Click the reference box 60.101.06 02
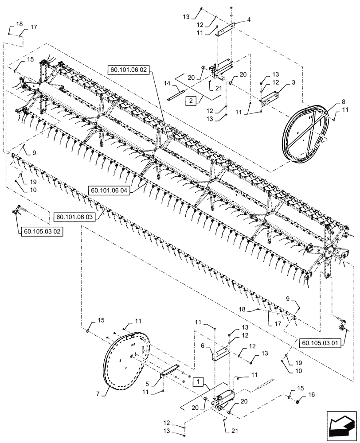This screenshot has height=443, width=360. coord(129,69)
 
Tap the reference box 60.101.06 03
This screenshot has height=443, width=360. coord(75,217)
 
